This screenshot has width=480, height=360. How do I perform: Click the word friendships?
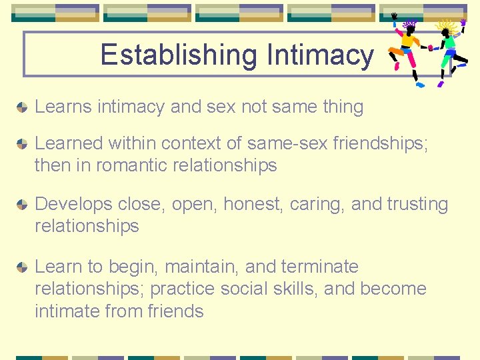pyautogui.click(x=379, y=143)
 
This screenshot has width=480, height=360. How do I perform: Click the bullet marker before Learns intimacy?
pyautogui.click(x=22, y=107)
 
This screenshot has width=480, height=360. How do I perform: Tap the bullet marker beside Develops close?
pyautogui.click(x=22, y=204)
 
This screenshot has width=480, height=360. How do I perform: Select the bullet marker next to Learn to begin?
pyautogui.click(x=22, y=267)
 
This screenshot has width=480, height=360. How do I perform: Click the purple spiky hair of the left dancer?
pyautogui.click(x=410, y=25)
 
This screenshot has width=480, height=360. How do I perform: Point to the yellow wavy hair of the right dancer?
pyautogui.click(x=447, y=26)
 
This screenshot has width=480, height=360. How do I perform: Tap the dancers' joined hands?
pyautogui.click(x=430, y=47)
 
